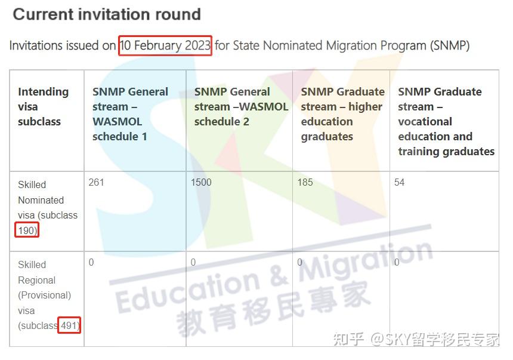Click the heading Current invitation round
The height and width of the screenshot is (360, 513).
tap(107, 14)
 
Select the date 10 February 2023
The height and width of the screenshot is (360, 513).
tap(165, 45)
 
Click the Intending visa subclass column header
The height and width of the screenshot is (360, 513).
tap(43, 106)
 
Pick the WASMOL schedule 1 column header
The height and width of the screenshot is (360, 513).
tap(130, 114)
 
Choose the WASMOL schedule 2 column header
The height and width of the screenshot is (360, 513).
tap(240, 106)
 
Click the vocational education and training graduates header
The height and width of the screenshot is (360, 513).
tap(446, 121)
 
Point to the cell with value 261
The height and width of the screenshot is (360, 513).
tap(96, 182)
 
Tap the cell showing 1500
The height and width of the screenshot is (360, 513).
tap(201, 182)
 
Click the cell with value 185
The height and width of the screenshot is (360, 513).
tap(305, 182)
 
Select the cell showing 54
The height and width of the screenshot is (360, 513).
tap(399, 182)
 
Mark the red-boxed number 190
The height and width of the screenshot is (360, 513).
tap(27, 230)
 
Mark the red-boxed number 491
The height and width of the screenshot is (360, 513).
tap(69, 325)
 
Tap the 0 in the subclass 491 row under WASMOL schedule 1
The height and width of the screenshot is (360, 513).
tap(91, 262)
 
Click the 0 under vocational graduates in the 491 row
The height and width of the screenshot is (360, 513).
tap(397, 262)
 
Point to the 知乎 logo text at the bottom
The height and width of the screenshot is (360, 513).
tap(348, 340)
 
